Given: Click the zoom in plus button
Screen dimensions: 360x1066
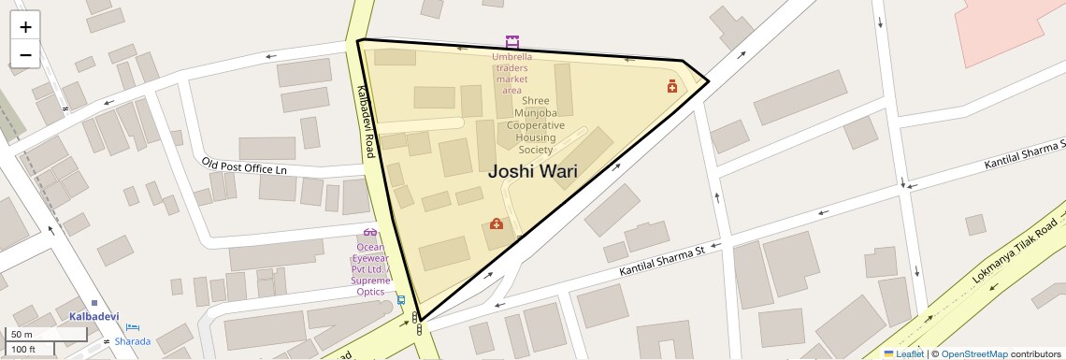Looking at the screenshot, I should click(25, 27).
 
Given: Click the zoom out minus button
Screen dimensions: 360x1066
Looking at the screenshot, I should click(25, 54).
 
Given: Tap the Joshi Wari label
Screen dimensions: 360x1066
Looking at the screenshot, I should click(532, 172).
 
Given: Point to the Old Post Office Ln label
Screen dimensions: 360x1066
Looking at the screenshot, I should click(243, 166).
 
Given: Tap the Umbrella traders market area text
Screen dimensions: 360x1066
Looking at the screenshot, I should click(511, 73).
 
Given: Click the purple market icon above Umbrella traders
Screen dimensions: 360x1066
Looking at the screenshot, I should click(511, 42).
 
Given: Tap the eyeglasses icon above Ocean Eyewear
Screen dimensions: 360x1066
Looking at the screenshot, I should click(370, 232).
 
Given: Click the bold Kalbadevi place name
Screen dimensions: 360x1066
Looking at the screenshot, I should click(94, 316).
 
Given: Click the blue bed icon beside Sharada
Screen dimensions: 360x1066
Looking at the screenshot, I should click(133, 328).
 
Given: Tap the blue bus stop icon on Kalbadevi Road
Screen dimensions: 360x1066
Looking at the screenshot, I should click(400, 300).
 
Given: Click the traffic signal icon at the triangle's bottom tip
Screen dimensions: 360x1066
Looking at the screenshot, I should click(418, 324).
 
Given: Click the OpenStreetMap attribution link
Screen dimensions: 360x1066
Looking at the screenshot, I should click(973, 353).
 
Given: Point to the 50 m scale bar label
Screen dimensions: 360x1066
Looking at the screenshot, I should click(22, 334).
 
